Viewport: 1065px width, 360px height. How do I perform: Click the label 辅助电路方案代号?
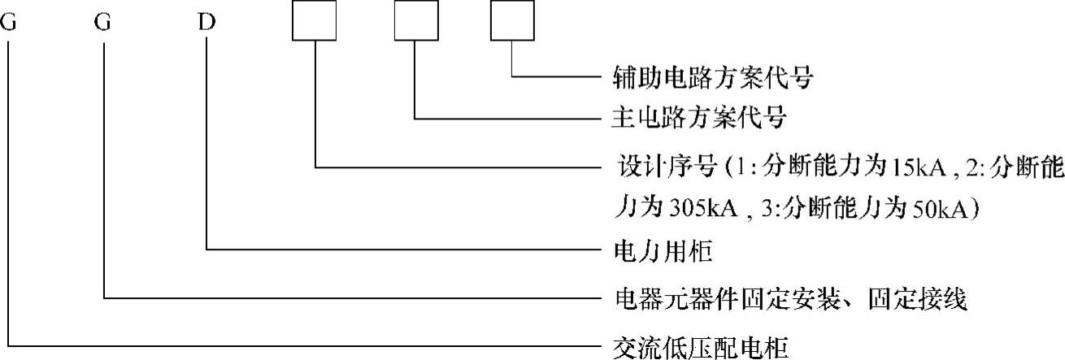coord(711,80)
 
